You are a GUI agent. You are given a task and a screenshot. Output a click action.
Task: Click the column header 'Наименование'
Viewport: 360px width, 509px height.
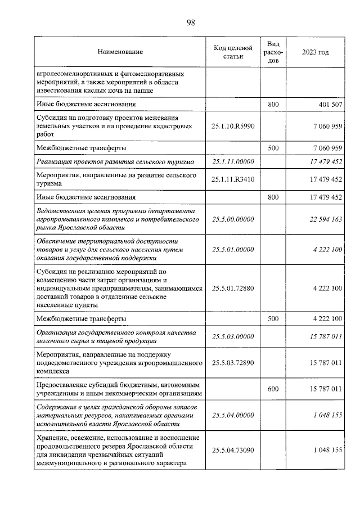pos(120,52)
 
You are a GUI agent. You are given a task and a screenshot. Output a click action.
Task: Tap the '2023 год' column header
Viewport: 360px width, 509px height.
pos(315,52)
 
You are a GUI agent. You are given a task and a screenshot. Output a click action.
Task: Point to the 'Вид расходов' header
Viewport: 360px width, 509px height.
pos(273,52)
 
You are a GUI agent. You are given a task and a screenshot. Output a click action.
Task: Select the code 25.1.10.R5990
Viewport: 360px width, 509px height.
pos(233,127)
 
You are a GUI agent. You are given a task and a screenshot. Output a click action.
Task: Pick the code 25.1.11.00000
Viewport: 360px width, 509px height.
pos(233,162)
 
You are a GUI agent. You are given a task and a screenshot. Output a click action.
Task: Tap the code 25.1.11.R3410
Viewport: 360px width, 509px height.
pos(233,180)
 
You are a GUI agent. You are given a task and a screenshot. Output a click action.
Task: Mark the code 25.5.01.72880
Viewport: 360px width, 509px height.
pos(233,289)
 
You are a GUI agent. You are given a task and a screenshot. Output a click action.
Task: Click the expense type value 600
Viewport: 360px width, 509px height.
pos(273,389)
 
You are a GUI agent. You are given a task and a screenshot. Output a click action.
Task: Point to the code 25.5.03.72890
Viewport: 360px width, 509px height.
pos(233,363)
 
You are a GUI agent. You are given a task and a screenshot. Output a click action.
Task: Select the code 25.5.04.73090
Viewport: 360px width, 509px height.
pos(233,450)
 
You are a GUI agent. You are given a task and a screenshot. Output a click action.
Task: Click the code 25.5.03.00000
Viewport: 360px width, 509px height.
pos(233,337)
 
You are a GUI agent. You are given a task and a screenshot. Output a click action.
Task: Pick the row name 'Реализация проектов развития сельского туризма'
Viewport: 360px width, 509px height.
pos(115,162)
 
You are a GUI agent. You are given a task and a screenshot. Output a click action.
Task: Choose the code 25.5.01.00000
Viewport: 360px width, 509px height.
pos(233,250)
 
